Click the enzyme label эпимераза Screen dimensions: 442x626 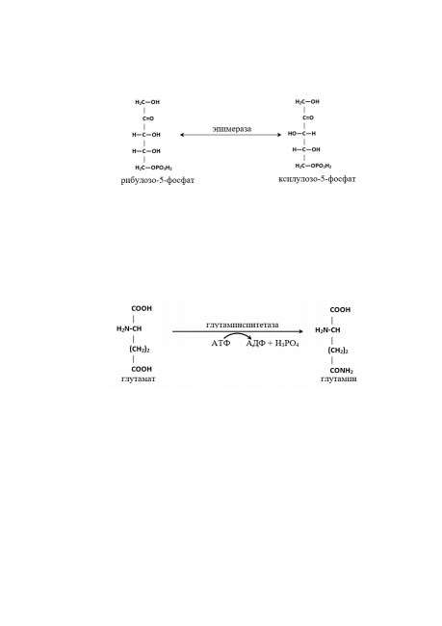(x=231, y=129)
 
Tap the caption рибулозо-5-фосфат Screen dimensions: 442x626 (x=158, y=180)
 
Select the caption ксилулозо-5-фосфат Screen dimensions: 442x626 (x=317, y=179)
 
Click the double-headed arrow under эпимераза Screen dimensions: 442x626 (x=231, y=135)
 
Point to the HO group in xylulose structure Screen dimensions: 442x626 (x=293, y=133)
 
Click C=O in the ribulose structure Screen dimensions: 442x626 (x=147, y=118)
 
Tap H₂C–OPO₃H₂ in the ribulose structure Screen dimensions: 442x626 (x=154, y=169)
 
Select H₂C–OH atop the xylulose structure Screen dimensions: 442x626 (x=307, y=102)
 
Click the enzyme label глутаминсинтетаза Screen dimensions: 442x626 (x=243, y=325)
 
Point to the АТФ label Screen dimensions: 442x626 (x=221, y=344)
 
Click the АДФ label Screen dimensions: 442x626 (x=256, y=344)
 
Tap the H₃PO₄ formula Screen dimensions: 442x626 (x=287, y=344)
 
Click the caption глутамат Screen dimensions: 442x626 (x=138, y=378)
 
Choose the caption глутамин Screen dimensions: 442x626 (x=339, y=378)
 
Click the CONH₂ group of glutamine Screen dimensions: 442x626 (x=342, y=372)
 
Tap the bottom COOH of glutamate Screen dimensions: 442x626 (x=142, y=369)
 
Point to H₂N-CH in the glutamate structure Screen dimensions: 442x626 (x=129, y=329)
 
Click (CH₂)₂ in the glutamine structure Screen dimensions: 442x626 (x=338, y=351)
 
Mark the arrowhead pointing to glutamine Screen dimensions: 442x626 (x=300, y=331)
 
